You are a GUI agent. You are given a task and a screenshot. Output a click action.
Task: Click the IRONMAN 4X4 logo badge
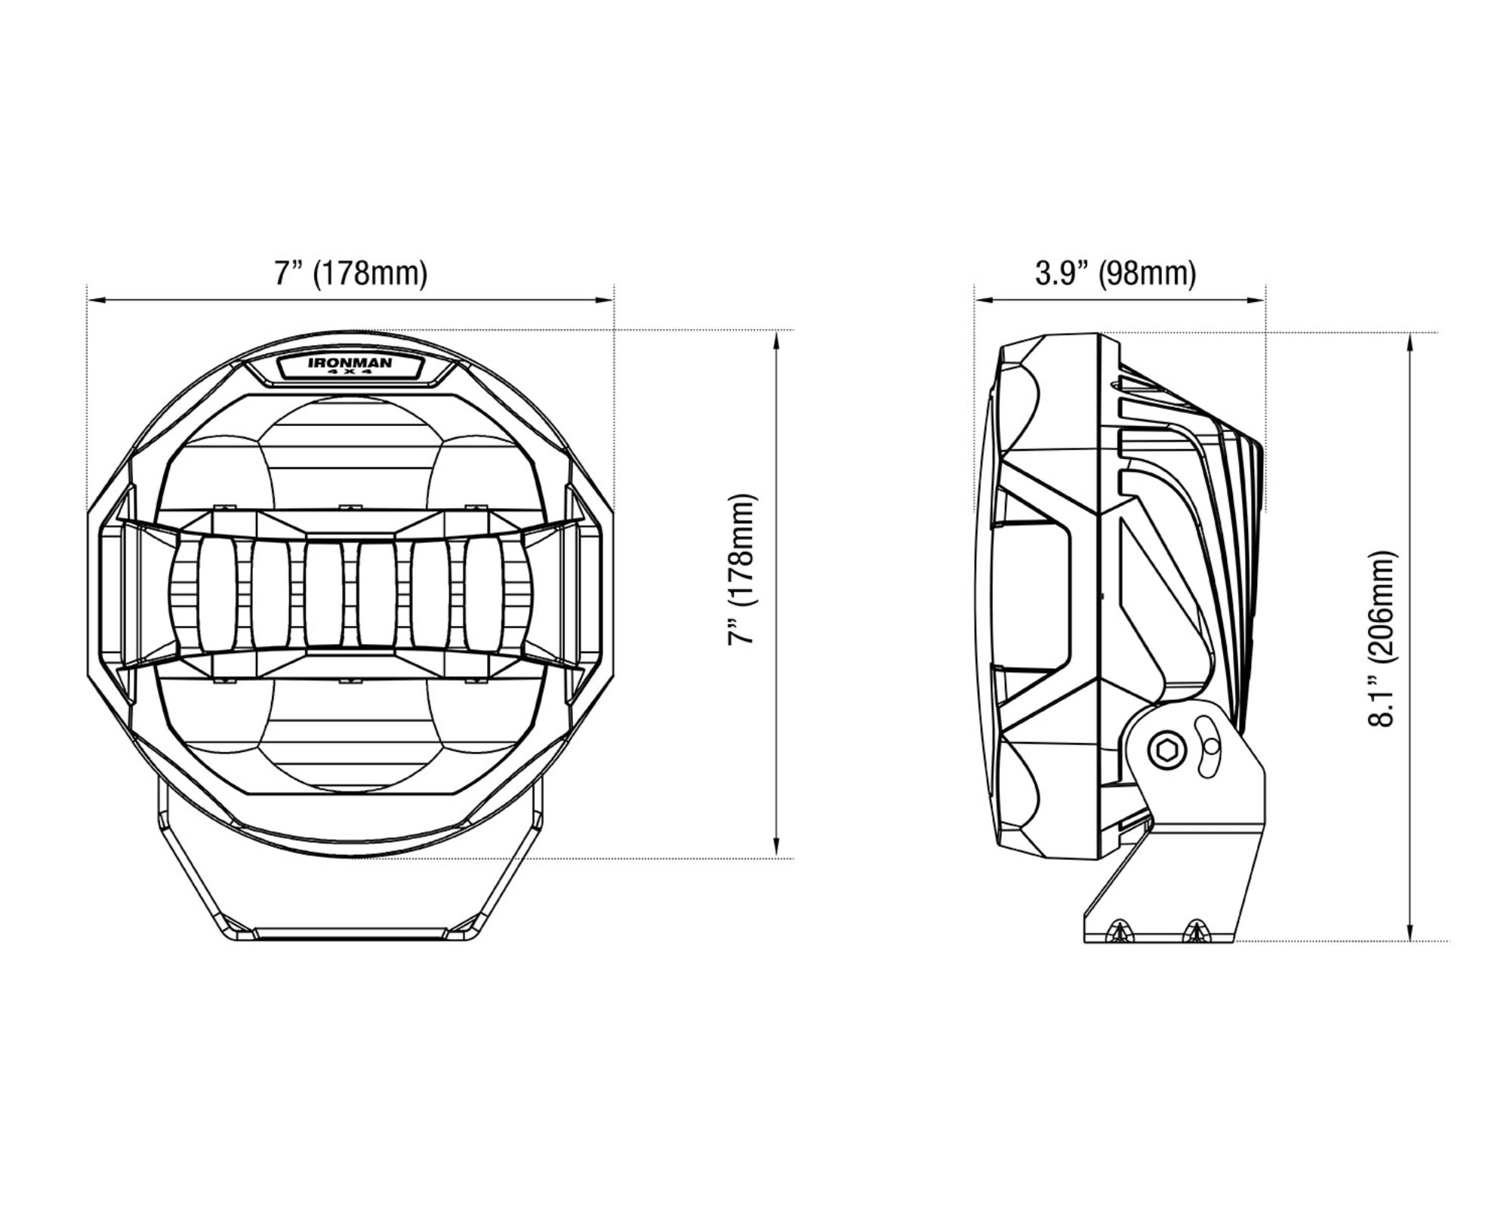pyautogui.click(x=350, y=366)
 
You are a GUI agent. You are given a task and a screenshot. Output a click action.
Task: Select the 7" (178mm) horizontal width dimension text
pyautogui.click(x=350, y=273)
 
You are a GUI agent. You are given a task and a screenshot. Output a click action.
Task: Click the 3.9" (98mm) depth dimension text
pyautogui.click(x=1115, y=273)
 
